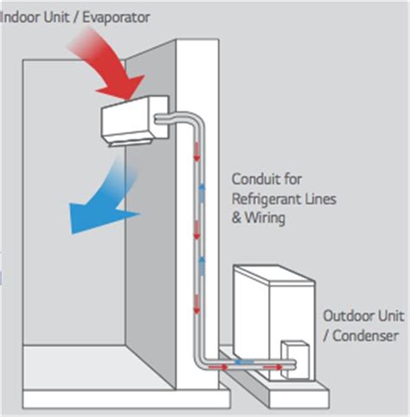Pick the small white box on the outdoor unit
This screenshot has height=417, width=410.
click(x=298, y=331)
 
